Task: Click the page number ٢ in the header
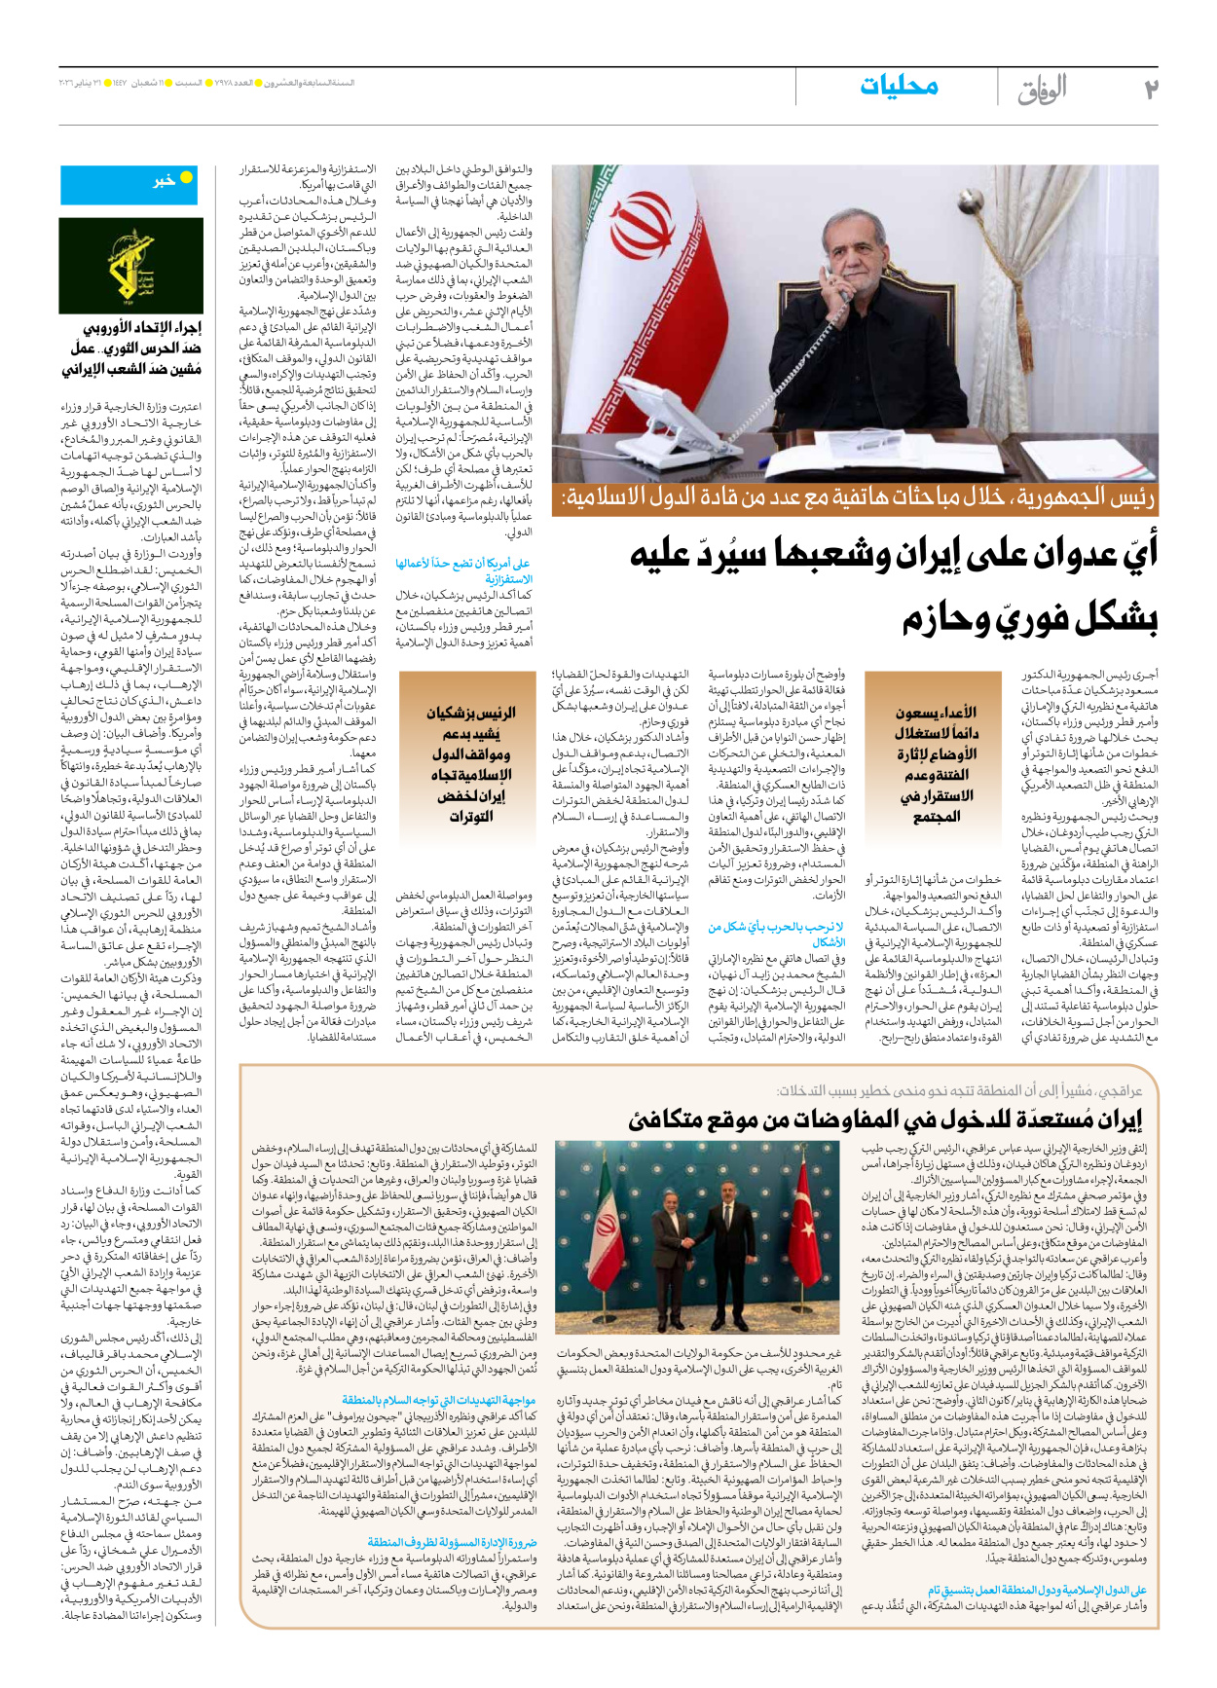pos(1149,89)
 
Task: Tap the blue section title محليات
pos(899,87)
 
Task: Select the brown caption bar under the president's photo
pos(854,498)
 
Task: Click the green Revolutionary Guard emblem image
pos(132,265)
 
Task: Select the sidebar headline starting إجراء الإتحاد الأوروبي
pos(132,349)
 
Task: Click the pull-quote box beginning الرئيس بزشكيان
pos(471,764)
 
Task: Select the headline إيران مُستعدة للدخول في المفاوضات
pos(884,1120)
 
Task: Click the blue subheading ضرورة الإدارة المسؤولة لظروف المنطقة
pos(453,1542)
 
